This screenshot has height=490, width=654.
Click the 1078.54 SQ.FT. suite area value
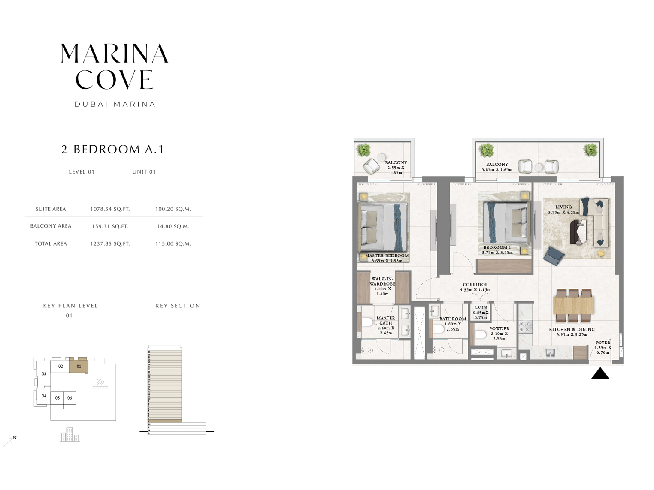coord(110,209)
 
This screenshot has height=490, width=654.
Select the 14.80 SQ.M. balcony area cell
coord(173,226)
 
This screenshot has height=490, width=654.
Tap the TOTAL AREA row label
coord(51,243)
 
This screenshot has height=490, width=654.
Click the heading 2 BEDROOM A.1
coord(112,149)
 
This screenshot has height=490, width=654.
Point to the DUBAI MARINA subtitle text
coord(115,104)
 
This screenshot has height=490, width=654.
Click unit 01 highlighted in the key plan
coord(79,366)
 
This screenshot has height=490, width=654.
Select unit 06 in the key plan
coord(70,398)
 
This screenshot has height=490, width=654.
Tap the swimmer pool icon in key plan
coord(100,383)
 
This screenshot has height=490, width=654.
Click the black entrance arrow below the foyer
coord(600,374)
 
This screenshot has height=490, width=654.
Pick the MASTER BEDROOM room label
coord(387,256)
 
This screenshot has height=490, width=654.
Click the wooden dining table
coord(573,305)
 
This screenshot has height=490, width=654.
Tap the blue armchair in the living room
coord(554,256)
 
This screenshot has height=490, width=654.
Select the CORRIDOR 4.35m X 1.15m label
coord(475,287)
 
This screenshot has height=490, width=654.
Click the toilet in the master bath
coord(367,322)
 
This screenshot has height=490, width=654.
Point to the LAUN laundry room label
coord(481,308)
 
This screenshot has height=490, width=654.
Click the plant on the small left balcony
coord(363,150)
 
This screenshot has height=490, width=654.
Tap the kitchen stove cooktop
coord(525,327)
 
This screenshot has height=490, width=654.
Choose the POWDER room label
coord(499,329)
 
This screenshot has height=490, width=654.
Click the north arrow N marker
coord(15,438)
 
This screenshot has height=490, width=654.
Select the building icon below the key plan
coord(70,435)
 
